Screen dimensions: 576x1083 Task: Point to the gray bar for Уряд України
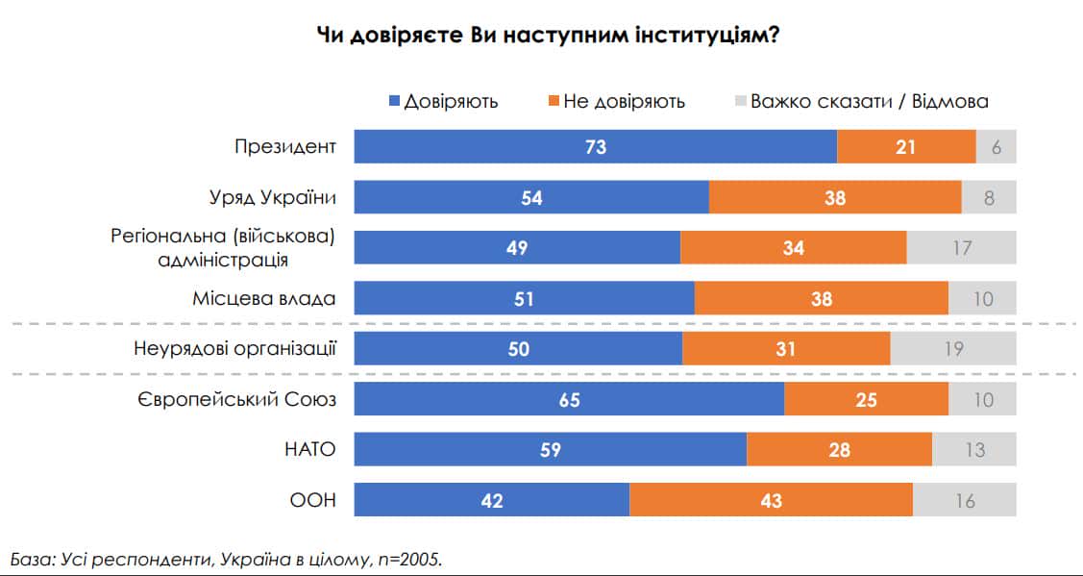[x=989, y=197]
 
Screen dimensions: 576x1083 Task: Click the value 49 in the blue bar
[x=517, y=247]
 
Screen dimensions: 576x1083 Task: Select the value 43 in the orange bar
[x=771, y=500]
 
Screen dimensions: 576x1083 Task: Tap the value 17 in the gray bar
[x=961, y=247]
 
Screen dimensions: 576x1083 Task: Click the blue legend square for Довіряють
[x=393, y=101]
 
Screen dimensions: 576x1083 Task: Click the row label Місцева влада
[x=264, y=298]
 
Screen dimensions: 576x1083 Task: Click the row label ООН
[x=314, y=500]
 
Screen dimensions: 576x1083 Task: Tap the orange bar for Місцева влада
[x=822, y=298]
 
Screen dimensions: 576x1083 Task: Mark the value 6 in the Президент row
[x=996, y=147]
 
